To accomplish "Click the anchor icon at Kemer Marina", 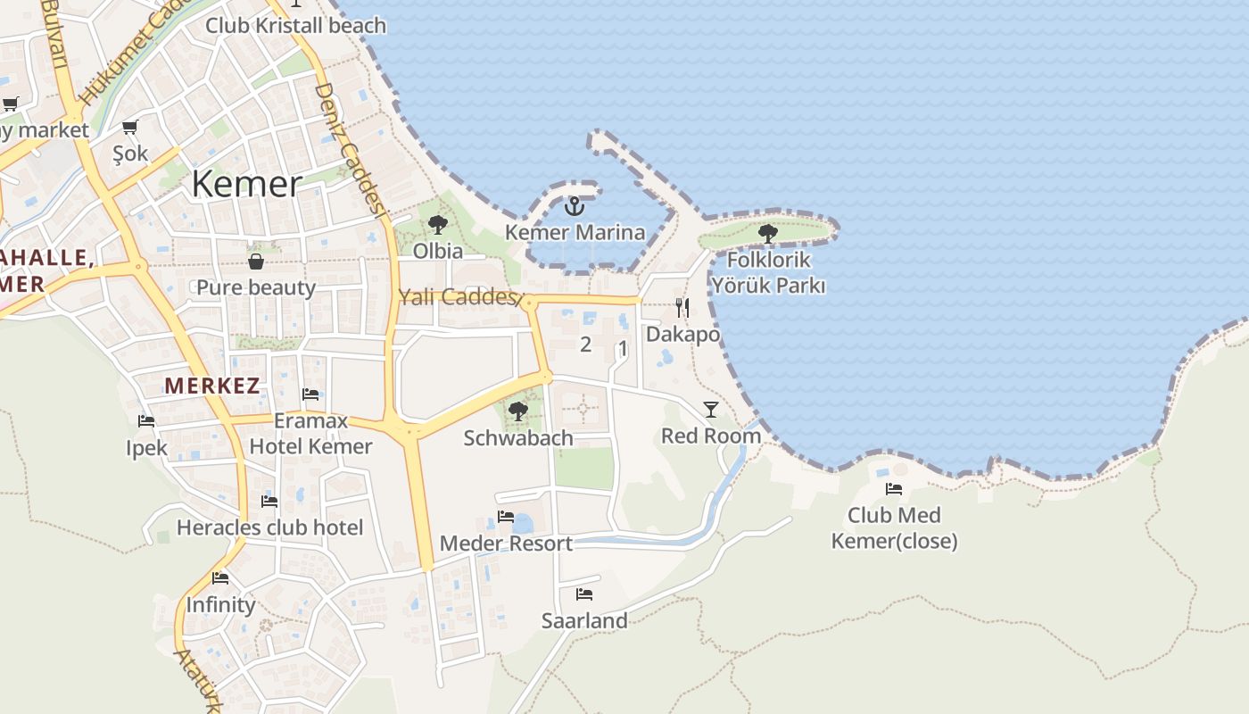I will point(575,207).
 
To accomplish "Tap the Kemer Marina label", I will point(575,233).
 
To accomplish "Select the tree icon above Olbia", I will point(437,225).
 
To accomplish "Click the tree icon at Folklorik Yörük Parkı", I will point(767,234).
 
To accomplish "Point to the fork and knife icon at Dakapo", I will point(682,308).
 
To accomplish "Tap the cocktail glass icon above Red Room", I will point(711,410).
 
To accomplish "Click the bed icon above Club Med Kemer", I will point(894,489).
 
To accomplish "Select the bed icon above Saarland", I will point(584,594).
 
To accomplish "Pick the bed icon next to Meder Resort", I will point(506,517).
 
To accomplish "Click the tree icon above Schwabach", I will point(517,411).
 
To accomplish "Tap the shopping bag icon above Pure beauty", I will point(256,262).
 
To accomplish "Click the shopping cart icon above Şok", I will point(130,128).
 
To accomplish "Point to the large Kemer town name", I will point(247,185).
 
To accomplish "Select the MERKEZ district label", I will point(212,386).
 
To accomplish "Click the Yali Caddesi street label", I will point(458,297).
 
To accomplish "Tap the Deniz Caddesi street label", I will point(349,150).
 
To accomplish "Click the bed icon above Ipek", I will point(146,421).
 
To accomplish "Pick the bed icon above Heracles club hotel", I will point(269,502).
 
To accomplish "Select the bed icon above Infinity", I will point(220,578).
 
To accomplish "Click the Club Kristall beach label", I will point(296,25).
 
